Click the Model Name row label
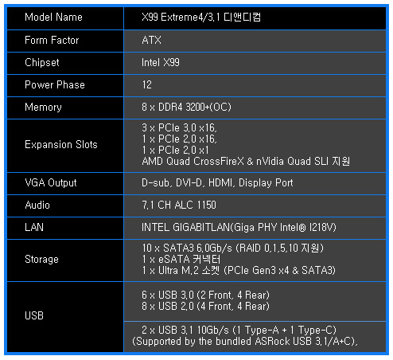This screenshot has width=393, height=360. coord(53,18)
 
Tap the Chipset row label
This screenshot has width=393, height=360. coord(42,63)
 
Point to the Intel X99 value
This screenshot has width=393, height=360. coord(161,63)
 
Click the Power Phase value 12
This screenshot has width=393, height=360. coord(147,85)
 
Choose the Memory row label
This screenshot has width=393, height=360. coord(43,108)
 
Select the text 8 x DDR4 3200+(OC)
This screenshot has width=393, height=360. coord(186,108)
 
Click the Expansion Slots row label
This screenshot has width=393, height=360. coord(61,145)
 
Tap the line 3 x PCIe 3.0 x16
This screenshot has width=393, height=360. coord(179,128)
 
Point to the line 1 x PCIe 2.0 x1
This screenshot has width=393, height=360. coord(175,151)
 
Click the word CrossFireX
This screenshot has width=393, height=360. coord(219,162)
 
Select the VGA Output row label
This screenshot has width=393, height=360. coord(51,183)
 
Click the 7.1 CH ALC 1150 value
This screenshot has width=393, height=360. coord(179,205)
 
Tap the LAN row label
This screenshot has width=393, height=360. coord(34,228)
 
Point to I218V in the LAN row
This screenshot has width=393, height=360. coord(321,228)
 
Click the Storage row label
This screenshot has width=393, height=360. coord(41,260)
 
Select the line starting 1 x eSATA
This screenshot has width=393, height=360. coord(181,260)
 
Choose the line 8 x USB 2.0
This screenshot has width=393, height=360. coord(205,307)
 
